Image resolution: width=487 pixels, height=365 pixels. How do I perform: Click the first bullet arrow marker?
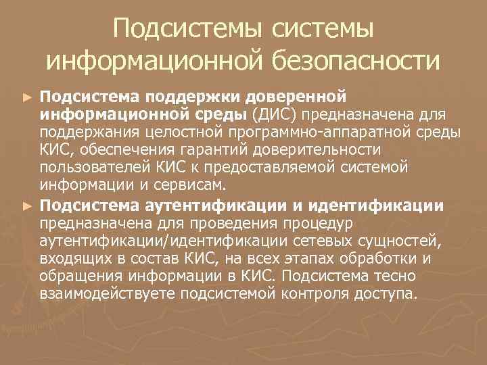pyautogui.click(x=26, y=97)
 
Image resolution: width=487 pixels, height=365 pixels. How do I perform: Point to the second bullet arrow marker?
pyautogui.click(x=26, y=204)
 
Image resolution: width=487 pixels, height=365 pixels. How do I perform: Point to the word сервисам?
pyautogui.click(x=203, y=185)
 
